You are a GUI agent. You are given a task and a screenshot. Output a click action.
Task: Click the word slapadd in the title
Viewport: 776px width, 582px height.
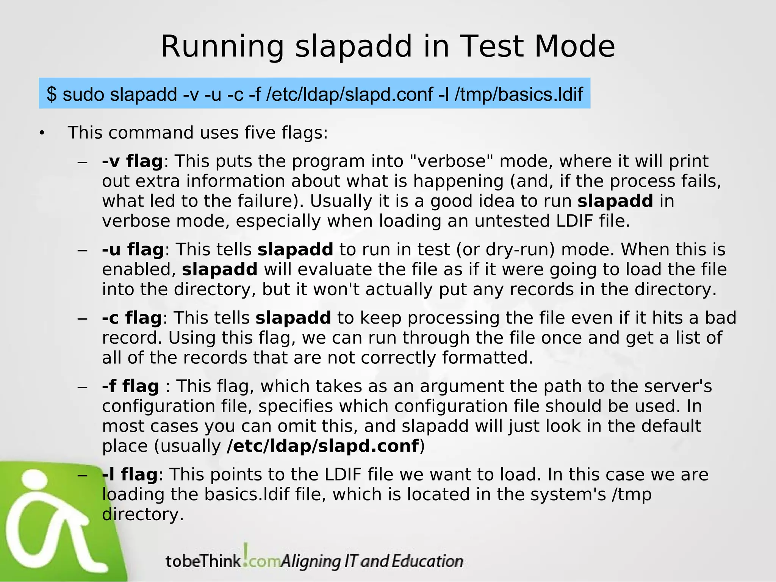[x=353, y=47]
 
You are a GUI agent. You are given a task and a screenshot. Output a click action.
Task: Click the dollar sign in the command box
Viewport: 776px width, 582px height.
[x=52, y=94]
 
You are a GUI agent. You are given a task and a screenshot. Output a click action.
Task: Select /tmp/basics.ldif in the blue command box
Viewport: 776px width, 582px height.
[x=518, y=94]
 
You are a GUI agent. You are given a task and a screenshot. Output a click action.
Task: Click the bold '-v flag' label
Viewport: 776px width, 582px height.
[x=132, y=161]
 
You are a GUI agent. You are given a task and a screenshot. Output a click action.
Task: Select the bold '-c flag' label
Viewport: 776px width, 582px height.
[x=132, y=318]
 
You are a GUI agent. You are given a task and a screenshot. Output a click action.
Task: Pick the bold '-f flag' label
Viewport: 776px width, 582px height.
[x=130, y=386]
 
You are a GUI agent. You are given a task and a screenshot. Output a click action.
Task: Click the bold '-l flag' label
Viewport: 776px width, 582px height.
[x=130, y=474]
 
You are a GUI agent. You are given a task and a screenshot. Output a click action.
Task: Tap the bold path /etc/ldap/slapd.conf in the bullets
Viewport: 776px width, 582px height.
[x=323, y=446]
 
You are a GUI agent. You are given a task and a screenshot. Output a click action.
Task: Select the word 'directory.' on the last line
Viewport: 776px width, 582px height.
[x=143, y=514]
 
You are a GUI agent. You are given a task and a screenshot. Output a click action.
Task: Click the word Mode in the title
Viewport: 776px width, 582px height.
[x=574, y=47]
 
